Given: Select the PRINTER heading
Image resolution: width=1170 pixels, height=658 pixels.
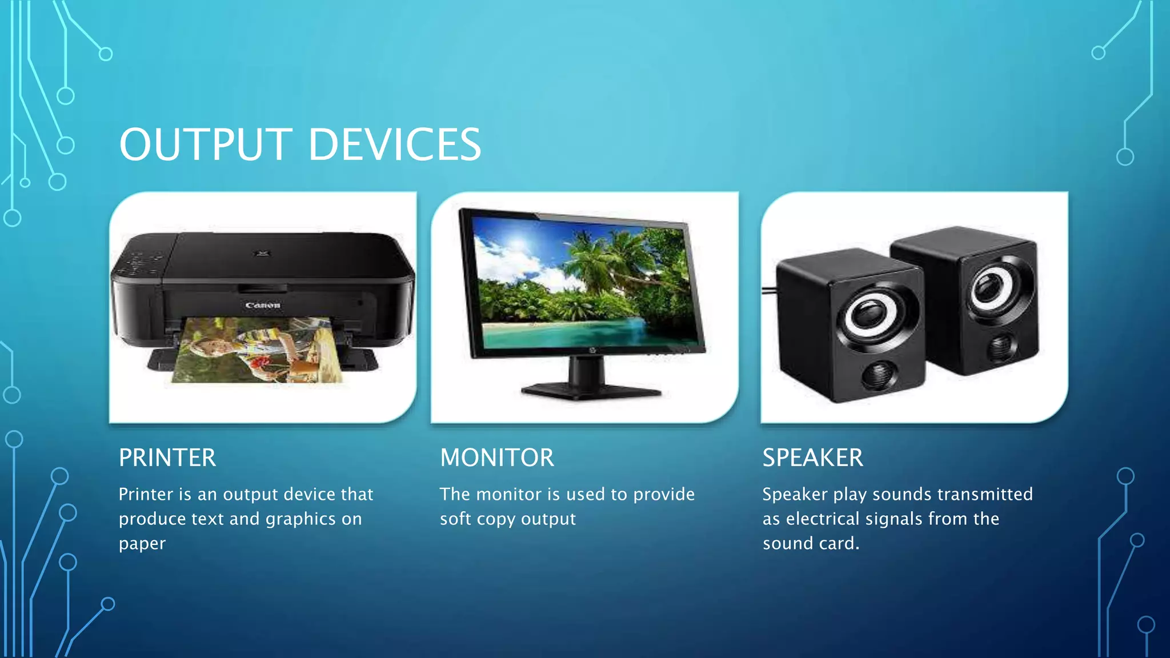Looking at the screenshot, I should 167,458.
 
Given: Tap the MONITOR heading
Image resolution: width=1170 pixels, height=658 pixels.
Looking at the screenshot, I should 497,458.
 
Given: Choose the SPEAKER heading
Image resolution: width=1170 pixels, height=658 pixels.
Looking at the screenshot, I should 812,458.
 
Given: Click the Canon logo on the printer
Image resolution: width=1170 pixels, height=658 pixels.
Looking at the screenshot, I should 263,306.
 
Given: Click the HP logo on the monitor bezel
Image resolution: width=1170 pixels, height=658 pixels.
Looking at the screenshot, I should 592,350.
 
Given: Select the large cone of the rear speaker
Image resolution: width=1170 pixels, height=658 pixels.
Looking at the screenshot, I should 994,284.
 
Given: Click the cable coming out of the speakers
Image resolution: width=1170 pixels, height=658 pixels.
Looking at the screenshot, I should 769,291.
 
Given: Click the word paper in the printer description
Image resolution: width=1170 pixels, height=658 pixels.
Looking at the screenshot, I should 142,544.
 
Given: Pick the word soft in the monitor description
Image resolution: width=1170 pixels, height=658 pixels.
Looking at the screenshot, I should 455,519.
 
